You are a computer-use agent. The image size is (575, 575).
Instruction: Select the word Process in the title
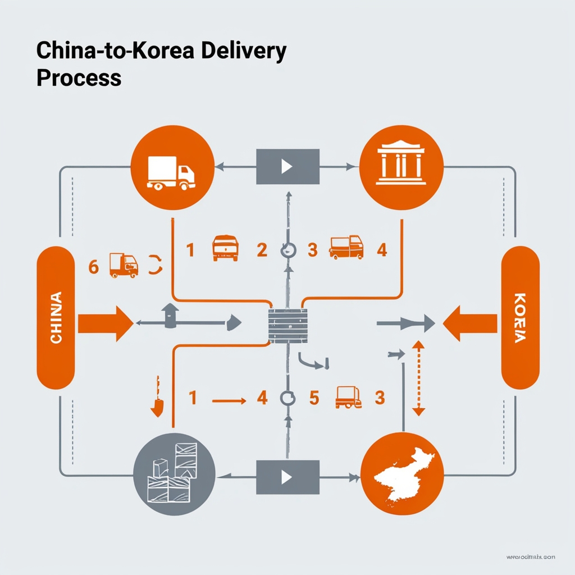coord(79,77)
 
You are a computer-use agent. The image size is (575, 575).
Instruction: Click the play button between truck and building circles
coord(287,166)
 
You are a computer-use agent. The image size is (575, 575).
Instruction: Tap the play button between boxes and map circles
coord(287,477)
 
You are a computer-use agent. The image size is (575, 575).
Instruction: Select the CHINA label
coord(56,318)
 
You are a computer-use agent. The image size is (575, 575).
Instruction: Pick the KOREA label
coord(520,318)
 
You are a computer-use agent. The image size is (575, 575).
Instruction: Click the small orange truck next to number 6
coord(124,265)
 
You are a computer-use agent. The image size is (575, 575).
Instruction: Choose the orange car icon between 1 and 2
coord(225,248)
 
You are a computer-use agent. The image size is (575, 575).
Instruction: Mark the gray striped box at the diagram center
coord(288,326)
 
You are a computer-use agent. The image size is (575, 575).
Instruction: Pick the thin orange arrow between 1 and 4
coord(229,400)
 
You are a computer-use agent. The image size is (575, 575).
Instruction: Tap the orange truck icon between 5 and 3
coord(348,397)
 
